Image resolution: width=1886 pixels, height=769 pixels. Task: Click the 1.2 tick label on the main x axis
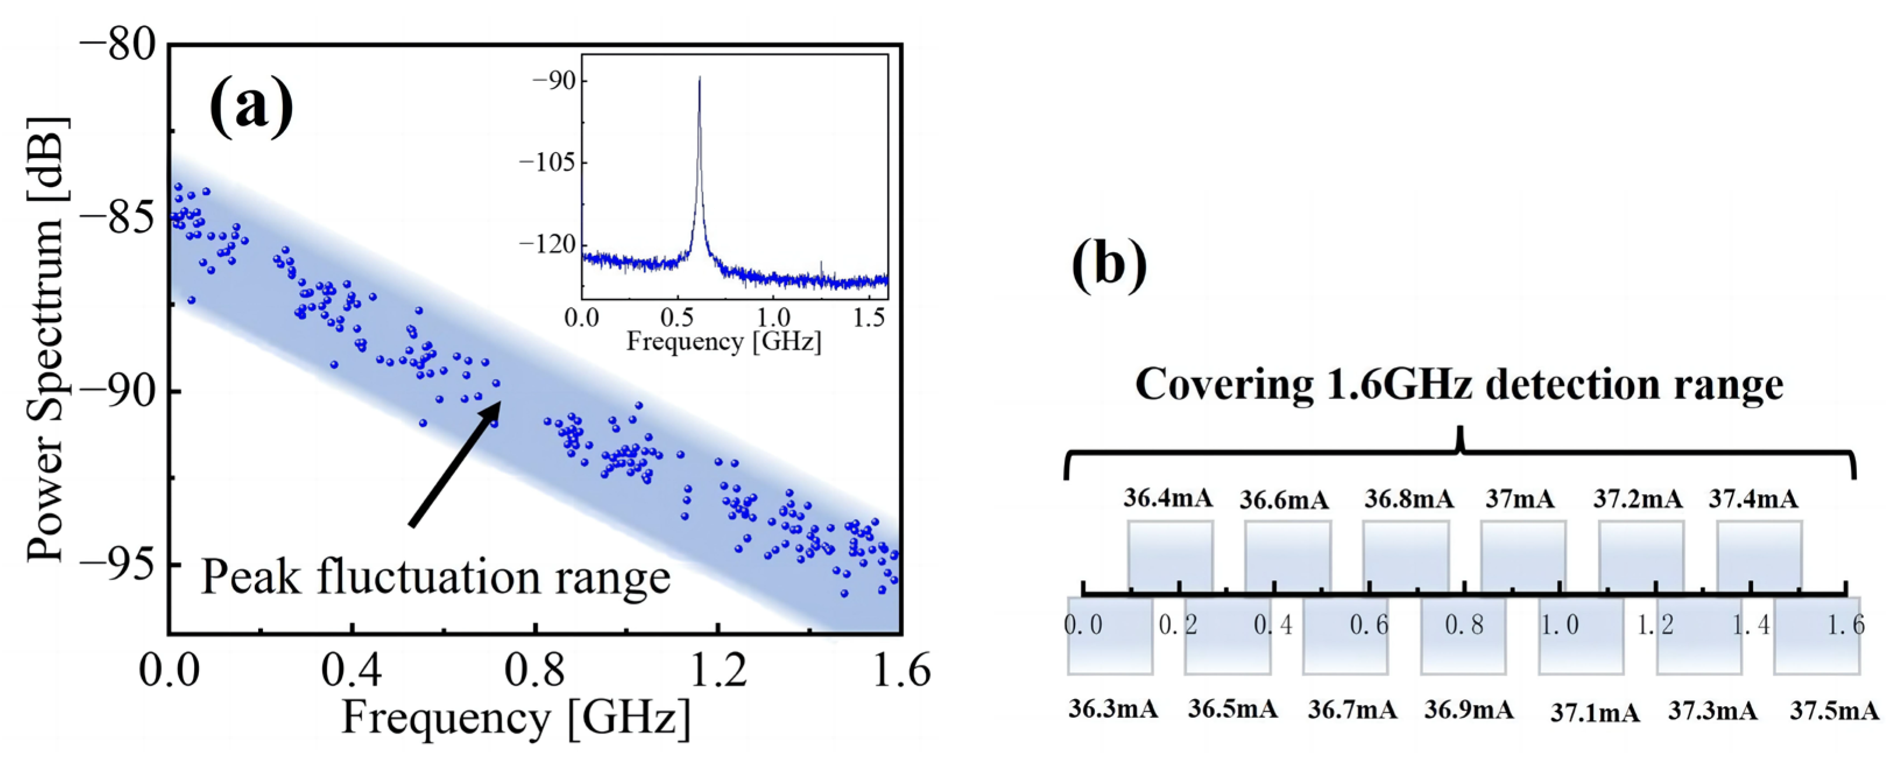[x=718, y=671]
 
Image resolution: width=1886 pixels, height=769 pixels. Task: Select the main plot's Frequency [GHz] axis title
[x=515, y=718]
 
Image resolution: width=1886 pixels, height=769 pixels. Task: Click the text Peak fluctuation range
[x=435, y=577]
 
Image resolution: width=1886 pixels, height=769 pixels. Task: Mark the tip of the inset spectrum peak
[x=699, y=77]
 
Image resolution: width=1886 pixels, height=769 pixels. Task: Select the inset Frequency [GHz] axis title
[x=724, y=342]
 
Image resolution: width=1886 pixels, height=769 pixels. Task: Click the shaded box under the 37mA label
[x=1523, y=556]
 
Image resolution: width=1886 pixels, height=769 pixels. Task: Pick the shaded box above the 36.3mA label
[x=1109, y=635]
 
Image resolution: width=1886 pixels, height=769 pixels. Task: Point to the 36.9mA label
[x=1468, y=710]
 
